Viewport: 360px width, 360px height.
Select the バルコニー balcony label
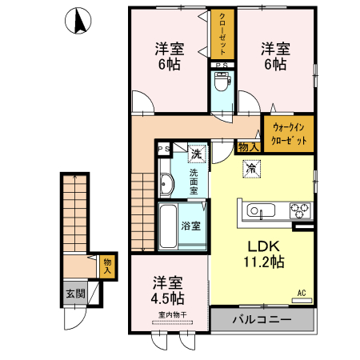[262, 320]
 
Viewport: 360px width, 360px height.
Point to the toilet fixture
[222, 84]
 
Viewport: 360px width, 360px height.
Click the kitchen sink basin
[261, 211]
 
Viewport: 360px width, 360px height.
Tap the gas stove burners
[299, 211]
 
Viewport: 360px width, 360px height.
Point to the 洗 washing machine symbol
[196, 153]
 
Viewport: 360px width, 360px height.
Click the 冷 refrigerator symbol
[250, 169]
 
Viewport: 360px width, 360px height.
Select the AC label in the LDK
[302, 294]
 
